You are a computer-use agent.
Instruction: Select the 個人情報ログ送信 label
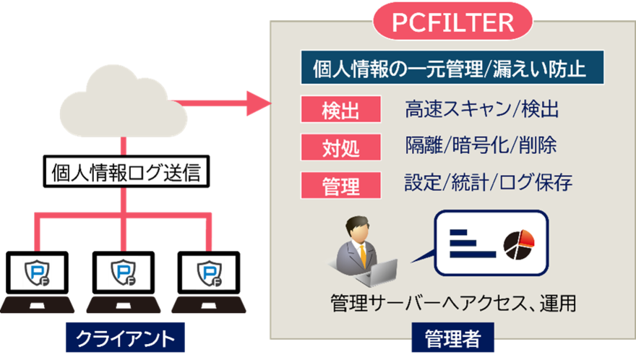[x=122, y=173]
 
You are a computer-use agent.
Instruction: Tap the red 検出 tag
[x=340, y=111]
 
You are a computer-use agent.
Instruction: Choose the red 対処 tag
[x=340, y=148]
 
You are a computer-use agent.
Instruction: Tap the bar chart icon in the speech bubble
[x=470, y=244]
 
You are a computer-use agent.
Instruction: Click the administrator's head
[x=359, y=230]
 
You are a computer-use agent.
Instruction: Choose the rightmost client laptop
[x=209, y=304]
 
